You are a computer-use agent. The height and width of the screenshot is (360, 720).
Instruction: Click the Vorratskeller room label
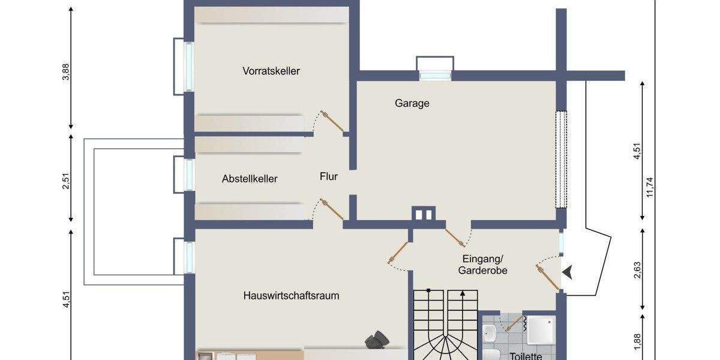(x=271, y=71)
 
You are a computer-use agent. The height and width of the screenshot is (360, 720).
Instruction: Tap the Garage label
(x=412, y=103)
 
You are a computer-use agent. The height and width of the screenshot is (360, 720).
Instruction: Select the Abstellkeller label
(x=250, y=179)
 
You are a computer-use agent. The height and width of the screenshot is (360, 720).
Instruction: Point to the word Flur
(x=328, y=177)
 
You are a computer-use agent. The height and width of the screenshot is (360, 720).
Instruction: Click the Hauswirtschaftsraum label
(x=292, y=295)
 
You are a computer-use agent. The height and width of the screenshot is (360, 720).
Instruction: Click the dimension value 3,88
(x=66, y=71)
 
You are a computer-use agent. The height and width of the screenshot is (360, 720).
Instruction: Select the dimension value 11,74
(x=650, y=191)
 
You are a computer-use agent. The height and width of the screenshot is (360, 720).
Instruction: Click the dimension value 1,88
(x=637, y=341)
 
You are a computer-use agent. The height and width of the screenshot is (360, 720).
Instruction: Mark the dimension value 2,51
(x=66, y=180)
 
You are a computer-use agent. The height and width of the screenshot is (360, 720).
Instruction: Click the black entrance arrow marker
(x=567, y=273)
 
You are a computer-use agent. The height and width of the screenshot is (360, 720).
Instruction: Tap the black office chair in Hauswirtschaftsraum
(x=377, y=340)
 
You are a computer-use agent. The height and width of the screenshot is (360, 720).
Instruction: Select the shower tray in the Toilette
(x=541, y=329)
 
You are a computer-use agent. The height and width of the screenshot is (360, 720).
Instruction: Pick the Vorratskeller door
(x=332, y=121)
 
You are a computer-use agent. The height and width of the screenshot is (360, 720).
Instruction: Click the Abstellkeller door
(x=332, y=209)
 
